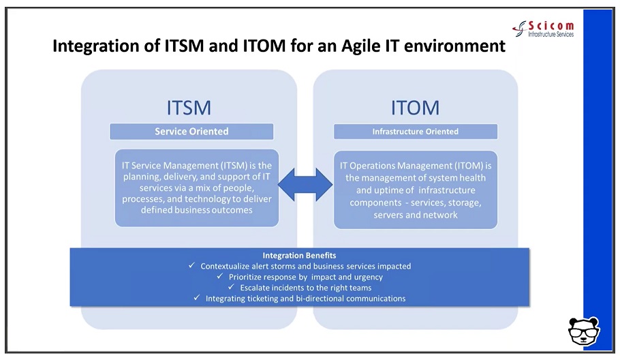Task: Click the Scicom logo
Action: [543, 29]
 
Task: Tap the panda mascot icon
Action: [584, 331]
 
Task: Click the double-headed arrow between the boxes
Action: [305, 185]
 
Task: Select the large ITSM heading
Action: [189, 108]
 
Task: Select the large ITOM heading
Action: [415, 108]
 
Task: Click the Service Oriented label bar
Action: [191, 132]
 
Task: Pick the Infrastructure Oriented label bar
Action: [416, 132]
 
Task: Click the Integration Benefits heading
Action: [299, 256]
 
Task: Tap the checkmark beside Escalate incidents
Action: [232, 287]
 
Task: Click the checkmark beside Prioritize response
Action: [220, 276]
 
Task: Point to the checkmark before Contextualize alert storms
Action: [191, 265]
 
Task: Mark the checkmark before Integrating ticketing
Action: [197, 297]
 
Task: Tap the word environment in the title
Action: [454, 46]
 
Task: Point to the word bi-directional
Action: [320, 298]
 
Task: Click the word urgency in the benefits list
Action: [369, 277]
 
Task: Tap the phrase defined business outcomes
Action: [196, 210]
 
